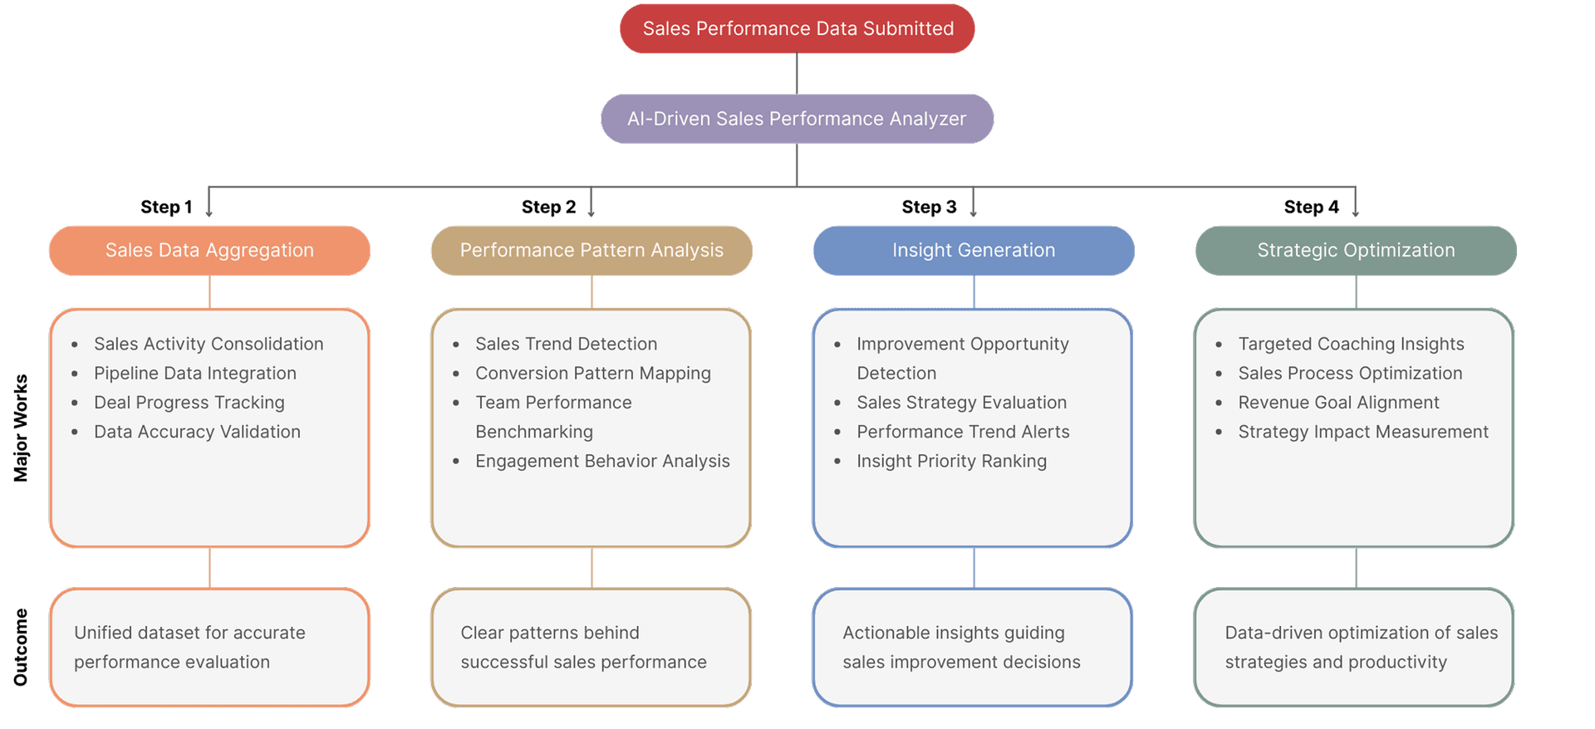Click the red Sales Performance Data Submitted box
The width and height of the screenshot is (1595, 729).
click(797, 29)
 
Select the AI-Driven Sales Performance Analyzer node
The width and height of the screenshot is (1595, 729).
click(797, 119)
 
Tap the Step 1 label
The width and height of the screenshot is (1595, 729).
click(166, 207)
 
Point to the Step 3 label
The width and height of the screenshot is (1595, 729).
click(929, 207)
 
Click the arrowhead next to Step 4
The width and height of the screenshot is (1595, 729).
click(1355, 213)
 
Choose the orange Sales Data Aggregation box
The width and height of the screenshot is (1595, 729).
click(209, 251)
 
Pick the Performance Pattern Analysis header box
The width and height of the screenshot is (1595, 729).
click(591, 251)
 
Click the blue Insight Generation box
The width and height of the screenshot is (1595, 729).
click(974, 251)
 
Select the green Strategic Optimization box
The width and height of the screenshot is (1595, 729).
click(1356, 251)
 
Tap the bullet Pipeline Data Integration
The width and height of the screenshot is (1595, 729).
click(194, 374)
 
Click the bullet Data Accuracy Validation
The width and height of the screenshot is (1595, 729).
click(197, 432)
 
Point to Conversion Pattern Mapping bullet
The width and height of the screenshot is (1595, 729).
click(592, 374)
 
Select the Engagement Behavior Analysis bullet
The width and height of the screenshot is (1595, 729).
click(602, 462)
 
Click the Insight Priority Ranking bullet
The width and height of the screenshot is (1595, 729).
click(951, 462)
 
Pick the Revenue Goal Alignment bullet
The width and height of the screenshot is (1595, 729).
click(1338, 403)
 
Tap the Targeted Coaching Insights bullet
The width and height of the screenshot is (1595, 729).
click(1351, 345)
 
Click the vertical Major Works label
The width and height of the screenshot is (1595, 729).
click(21, 428)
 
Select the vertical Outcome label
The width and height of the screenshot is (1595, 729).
click(21, 648)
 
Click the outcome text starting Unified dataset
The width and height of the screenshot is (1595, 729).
click(189, 647)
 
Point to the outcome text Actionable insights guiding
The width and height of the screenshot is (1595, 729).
click(961, 647)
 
